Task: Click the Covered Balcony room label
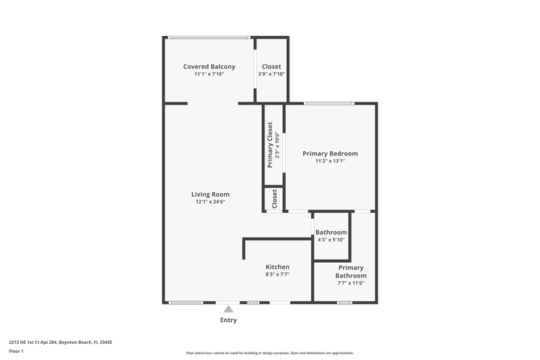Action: pyautogui.click(x=209, y=66)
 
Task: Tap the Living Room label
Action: pyautogui.click(x=211, y=195)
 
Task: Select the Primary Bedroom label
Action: pyautogui.click(x=330, y=153)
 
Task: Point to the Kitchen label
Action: pyautogui.click(x=277, y=267)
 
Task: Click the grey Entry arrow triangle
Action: pyautogui.click(x=228, y=309)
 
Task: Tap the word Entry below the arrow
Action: pyautogui.click(x=228, y=320)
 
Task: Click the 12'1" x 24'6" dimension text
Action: pyautogui.click(x=211, y=202)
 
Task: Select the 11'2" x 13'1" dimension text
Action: pyautogui.click(x=330, y=161)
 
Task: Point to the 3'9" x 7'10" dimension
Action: pyautogui.click(x=271, y=74)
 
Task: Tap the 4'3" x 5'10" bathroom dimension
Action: pyautogui.click(x=331, y=240)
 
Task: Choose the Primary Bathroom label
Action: pyautogui.click(x=351, y=272)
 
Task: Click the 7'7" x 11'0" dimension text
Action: pyautogui.click(x=351, y=283)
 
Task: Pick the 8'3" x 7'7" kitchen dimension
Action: pyautogui.click(x=277, y=275)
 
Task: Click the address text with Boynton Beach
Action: pyautogui.click(x=60, y=342)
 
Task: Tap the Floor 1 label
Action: pyautogui.click(x=16, y=351)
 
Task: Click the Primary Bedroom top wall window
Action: pyautogui.click(x=329, y=103)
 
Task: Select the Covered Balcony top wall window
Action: pyautogui.click(x=209, y=37)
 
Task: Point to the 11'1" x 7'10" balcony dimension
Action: pyautogui.click(x=209, y=74)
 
